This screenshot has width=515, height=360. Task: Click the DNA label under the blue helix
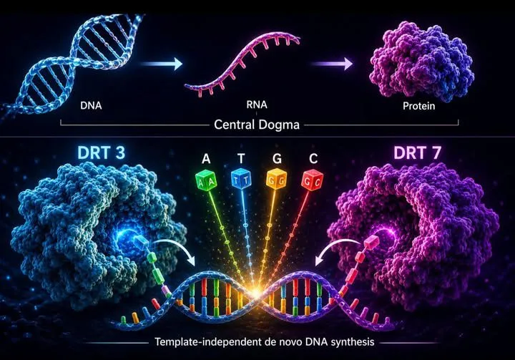pos(91,105)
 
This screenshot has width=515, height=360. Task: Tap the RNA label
pos(257,104)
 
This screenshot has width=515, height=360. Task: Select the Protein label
pos(418,106)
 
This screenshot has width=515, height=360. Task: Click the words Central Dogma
pos(257,125)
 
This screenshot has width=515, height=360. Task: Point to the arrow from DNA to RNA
pos(162,64)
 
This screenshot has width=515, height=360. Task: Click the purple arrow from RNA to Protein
pos(331,64)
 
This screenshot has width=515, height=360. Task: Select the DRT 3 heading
pos(101,152)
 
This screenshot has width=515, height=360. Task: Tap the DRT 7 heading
pos(417,152)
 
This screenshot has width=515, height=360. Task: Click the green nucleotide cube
pos(205,180)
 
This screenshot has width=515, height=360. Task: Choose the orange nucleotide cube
pos(277,178)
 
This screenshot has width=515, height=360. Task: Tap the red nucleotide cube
pos(313,180)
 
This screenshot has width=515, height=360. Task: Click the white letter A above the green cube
pos(206,159)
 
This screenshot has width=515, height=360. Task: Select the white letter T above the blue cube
pos(242,159)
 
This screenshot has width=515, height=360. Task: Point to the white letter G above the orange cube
pos(278,159)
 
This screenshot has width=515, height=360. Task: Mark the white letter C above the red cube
pos(313,159)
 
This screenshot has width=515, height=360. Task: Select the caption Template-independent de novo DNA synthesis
pos(265,342)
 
